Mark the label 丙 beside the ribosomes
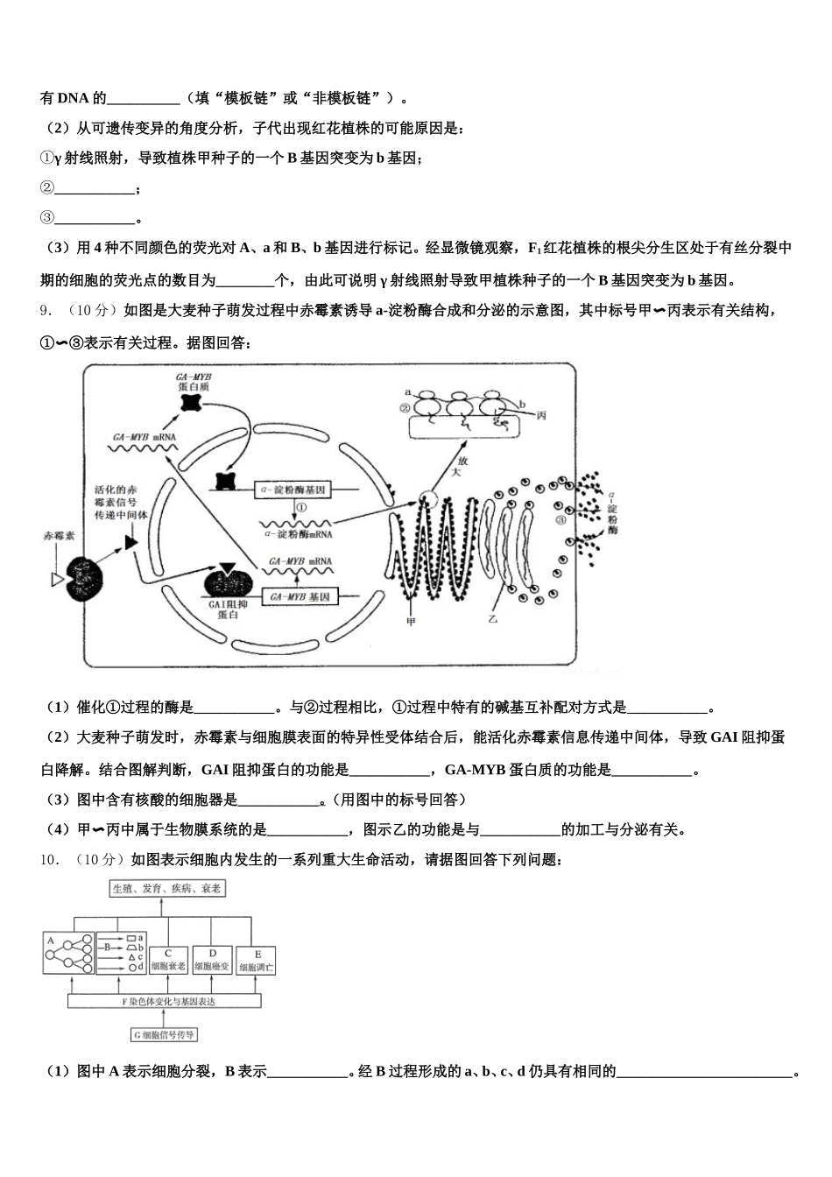[x=541, y=417]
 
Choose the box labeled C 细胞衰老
[x=167, y=961]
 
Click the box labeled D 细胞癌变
[x=213, y=961]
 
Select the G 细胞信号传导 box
[x=165, y=1034]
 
